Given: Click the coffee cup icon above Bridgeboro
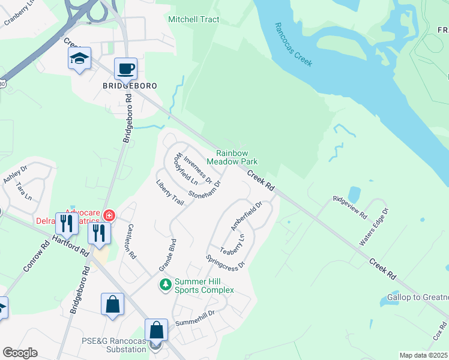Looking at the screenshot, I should click(x=125, y=69).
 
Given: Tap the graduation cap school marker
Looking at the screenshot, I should click(x=79, y=59).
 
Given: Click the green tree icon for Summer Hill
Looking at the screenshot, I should click(x=165, y=284).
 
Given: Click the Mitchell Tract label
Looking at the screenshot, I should click(x=193, y=20).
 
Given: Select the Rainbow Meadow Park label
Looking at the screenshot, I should click(x=232, y=158).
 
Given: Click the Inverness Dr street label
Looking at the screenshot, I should click(x=197, y=170).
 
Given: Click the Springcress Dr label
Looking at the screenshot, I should click(x=226, y=261).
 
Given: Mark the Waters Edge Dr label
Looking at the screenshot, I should click(x=375, y=227).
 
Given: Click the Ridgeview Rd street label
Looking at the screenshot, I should click(x=350, y=208).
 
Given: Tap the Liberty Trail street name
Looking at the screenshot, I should click(x=170, y=192).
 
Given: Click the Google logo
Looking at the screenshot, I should click(x=20, y=353).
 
